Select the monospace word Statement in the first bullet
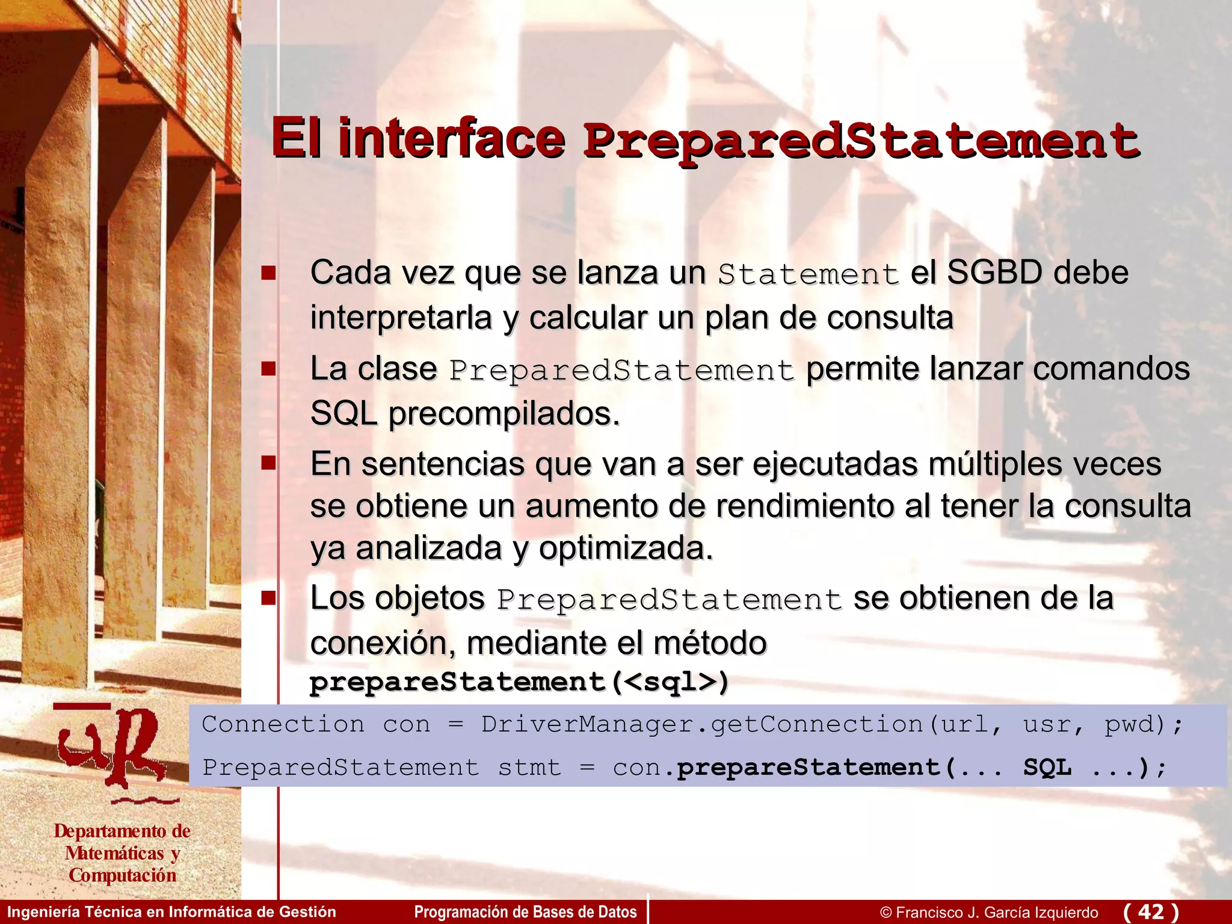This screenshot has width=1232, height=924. coord(808,274)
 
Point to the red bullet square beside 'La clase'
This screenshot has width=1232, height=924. coord(268,368)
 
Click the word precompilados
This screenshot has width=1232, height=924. coord(504,414)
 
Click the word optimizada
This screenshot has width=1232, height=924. coord(625,548)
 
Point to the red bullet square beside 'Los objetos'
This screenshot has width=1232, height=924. coord(268,598)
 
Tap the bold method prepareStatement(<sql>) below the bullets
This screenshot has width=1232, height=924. coord(519,682)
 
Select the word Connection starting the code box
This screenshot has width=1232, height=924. coord(283,724)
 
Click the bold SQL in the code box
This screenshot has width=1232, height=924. coord(1047,768)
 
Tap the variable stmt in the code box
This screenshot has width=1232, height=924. coord(529,768)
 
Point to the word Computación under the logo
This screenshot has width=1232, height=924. coord(122,875)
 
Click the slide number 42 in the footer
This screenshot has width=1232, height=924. coord(1151,911)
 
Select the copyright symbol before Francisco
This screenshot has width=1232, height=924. coord(885,913)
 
